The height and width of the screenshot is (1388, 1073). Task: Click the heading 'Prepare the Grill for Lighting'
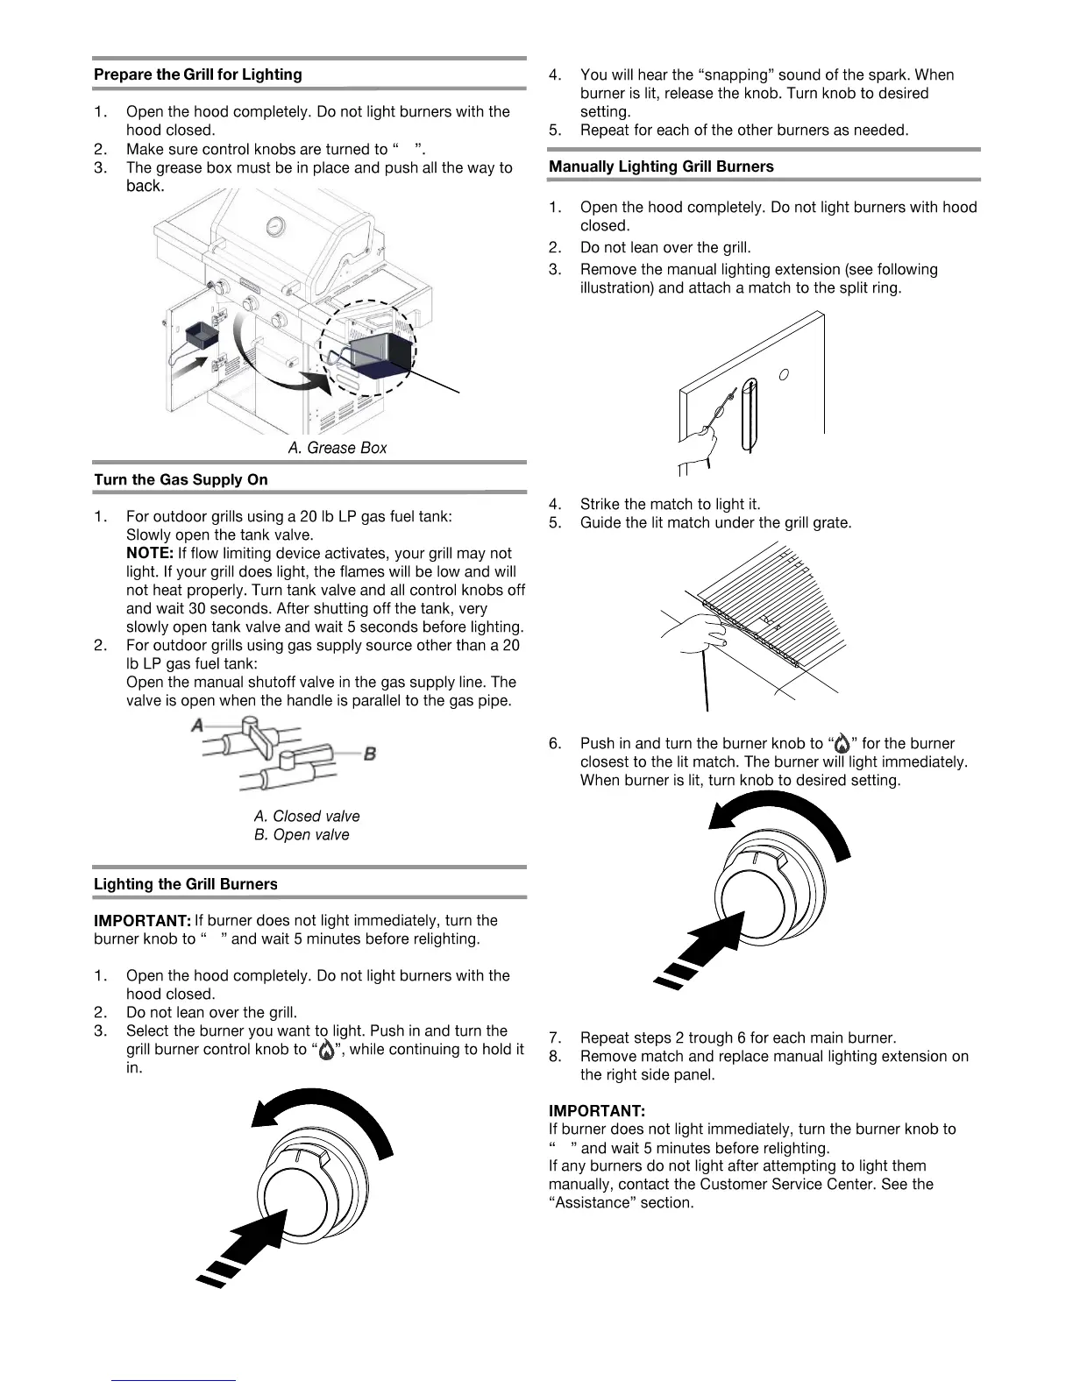pyautogui.click(x=197, y=74)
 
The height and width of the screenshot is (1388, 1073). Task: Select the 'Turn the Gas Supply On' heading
pyautogui.click(x=181, y=479)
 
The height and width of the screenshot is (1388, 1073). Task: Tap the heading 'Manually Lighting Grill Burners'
pyautogui.click(x=661, y=166)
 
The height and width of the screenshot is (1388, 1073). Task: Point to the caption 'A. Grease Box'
pyautogui.click(x=338, y=448)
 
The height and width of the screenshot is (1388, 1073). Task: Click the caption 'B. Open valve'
pyautogui.click(x=302, y=834)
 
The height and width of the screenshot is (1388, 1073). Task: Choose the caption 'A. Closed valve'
pyautogui.click(x=307, y=816)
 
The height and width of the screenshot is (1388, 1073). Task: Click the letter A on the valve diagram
pyautogui.click(x=198, y=726)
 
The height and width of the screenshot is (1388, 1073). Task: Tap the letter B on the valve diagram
pyautogui.click(x=370, y=754)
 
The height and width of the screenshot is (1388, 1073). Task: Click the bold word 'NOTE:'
pyautogui.click(x=150, y=553)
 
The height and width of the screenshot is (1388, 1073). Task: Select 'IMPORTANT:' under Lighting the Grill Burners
pyautogui.click(x=142, y=920)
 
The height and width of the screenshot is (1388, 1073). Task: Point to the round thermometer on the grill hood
pyautogui.click(x=277, y=226)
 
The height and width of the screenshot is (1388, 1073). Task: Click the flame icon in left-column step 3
pyautogui.click(x=326, y=1050)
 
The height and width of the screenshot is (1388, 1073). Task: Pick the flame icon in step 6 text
pyautogui.click(x=842, y=744)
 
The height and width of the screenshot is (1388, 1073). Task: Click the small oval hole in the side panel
pyautogui.click(x=784, y=375)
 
